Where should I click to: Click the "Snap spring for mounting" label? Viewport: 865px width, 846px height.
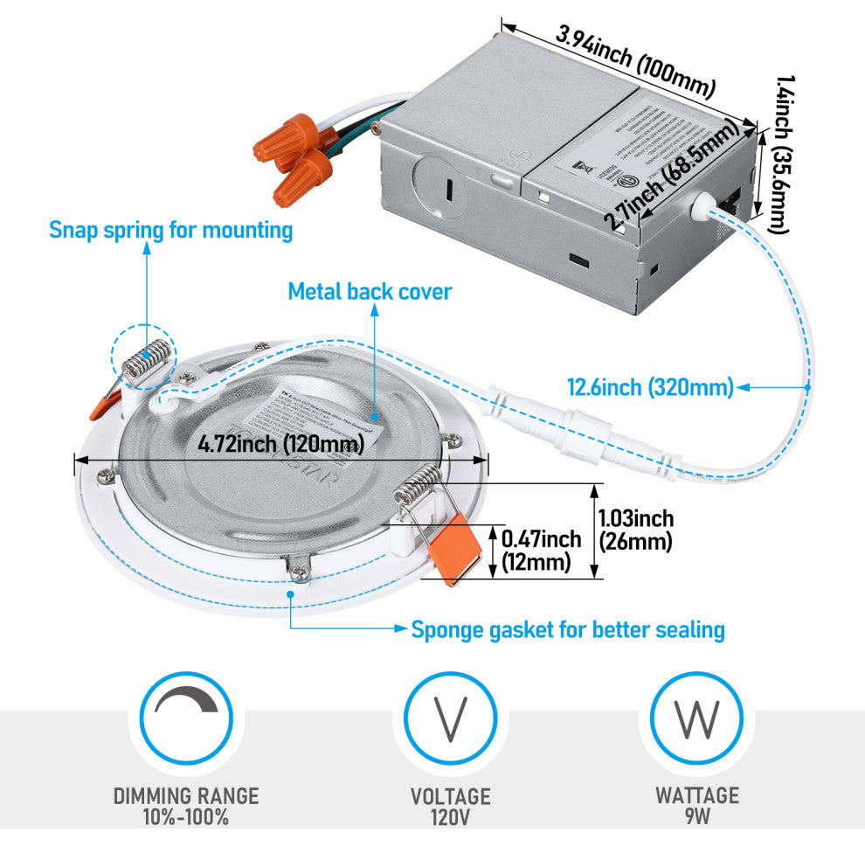[170, 231]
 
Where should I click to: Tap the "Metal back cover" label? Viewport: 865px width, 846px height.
[370, 291]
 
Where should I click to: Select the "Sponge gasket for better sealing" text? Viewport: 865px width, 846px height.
[567, 629]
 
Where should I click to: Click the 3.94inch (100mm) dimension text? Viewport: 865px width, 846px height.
[635, 61]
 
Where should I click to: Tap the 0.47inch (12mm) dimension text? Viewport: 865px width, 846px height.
[541, 551]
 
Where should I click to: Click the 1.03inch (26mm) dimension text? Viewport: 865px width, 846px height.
[635, 530]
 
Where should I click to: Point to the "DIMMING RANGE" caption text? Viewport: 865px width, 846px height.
[186, 795]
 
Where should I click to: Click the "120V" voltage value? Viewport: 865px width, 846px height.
[450, 818]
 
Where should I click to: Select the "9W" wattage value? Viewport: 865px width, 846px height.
[697, 818]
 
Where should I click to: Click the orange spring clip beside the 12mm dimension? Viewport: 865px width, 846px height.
[458, 547]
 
